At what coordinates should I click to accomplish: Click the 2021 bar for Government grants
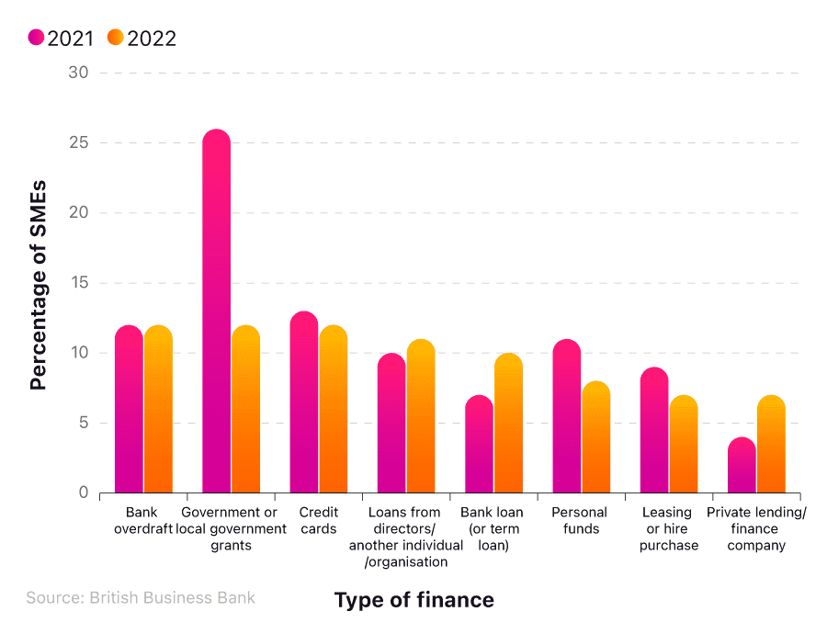tap(216, 312)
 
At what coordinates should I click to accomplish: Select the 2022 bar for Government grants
tap(245, 409)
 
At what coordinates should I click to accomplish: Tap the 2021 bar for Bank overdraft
tap(129, 409)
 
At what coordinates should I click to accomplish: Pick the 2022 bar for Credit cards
tap(334, 409)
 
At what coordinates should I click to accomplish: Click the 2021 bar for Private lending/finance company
tap(742, 465)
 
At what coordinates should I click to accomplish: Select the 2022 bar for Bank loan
tap(508, 423)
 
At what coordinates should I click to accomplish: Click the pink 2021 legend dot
tap(36, 38)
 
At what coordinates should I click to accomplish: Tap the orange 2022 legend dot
tap(115, 38)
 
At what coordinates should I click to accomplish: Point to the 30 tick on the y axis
tap(78, 73)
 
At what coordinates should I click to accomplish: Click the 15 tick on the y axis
tap(78, 283)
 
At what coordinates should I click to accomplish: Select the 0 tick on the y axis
tap(83, 493)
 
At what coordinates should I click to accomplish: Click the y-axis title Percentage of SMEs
tap(38, 285)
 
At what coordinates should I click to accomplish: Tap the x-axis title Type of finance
tap(413, 600)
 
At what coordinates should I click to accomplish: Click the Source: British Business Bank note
tap(141, 597)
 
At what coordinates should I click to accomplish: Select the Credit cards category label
tap(319, 520)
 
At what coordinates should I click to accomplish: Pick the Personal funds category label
tap(581, 520)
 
